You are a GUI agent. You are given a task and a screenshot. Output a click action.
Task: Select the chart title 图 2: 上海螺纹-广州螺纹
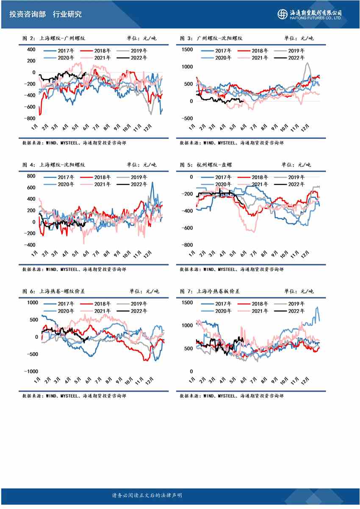coord(54,38)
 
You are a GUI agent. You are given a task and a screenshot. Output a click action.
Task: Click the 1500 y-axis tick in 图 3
coord(186,50)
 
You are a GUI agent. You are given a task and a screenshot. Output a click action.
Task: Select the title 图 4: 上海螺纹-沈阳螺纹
coord(54,165)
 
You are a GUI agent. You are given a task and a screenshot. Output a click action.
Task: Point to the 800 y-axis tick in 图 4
coord(30,176)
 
